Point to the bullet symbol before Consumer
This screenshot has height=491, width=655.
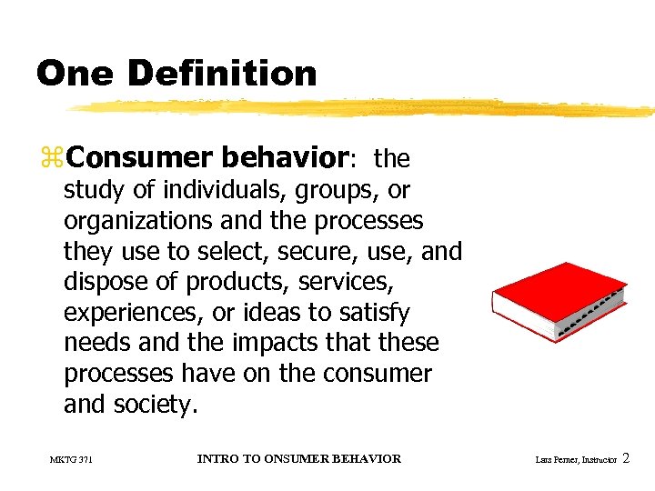pyautogui.click(x=51, y=159)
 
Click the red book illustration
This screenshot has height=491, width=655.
pyautogui.click(x=557, y=299)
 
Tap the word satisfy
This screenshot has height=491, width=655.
pyautogui.click(x=374, y=313)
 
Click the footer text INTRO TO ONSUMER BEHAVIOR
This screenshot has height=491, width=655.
pyautogui.click(x=298, y=458)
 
